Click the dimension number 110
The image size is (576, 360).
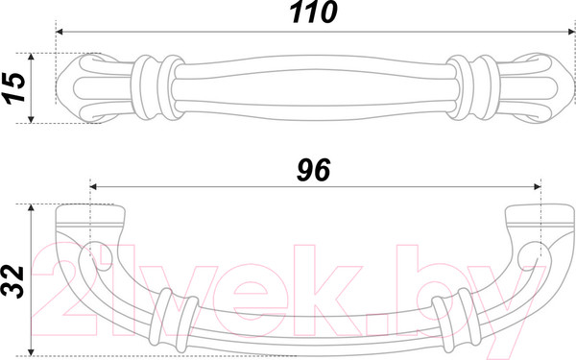[313, 12]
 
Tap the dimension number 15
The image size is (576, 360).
[13, 87]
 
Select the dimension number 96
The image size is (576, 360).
[313, 170]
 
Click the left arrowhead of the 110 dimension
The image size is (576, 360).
[60, 32]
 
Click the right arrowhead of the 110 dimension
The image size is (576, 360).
[570, 32]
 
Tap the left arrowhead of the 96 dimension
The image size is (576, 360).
[93, 187]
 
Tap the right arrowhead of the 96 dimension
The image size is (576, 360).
[538, 187]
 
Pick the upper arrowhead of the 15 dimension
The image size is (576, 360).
[31, 57]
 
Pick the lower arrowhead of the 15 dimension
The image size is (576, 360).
[31, 119]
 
